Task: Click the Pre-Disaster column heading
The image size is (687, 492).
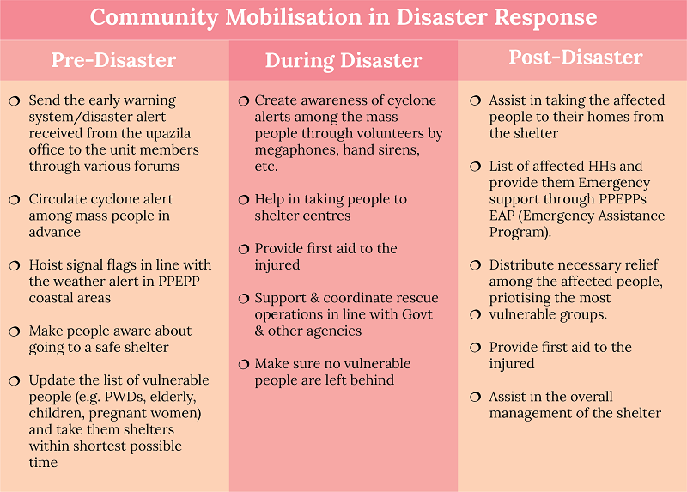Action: click(x=113, y=60)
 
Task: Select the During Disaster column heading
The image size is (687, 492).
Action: click(x=343, y=60)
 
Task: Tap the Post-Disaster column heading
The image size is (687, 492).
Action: click(x=575, y=58)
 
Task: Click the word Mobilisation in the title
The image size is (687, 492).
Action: click(x=293, y=17)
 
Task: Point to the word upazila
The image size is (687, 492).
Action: click(x=167, y=133)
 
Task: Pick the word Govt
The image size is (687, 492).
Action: click(x=417, y=314)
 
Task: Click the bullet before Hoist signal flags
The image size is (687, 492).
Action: click(x=15, y=266)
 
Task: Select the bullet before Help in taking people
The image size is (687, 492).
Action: click(x=244, y=200)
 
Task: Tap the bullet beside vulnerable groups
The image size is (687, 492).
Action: click(x=476, y=314)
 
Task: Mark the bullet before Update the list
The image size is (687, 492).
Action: click(x=15, y=381)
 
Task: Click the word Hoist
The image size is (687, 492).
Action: click(x=46, y=264)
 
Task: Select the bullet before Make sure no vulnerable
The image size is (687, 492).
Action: click(x=244, y=365)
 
